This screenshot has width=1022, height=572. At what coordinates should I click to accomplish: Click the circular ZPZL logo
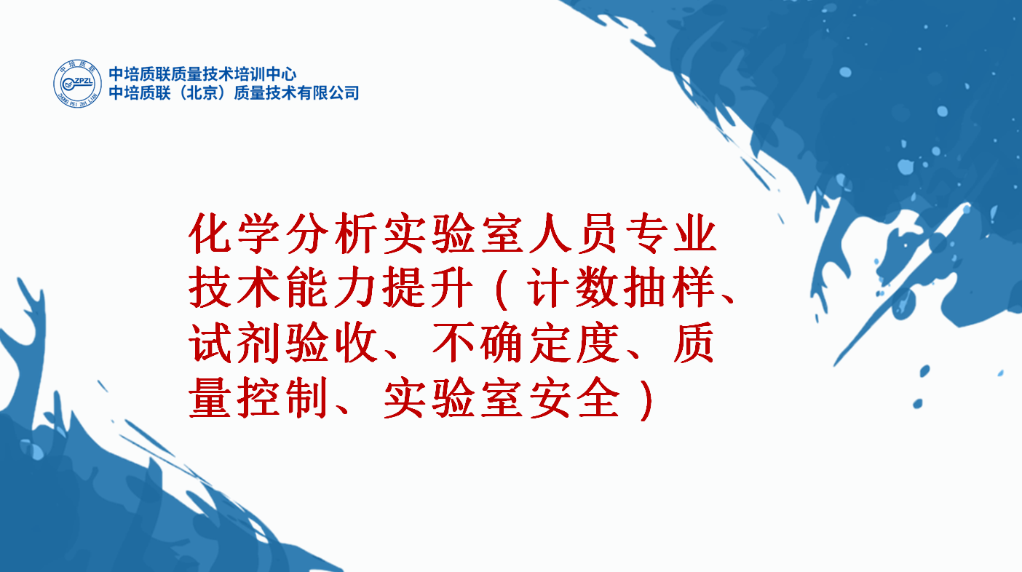(x=78, y=84)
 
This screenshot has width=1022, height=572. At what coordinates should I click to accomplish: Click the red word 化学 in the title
(x=234, y=234)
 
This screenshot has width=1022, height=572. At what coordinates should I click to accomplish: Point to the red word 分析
(x=332, y=234)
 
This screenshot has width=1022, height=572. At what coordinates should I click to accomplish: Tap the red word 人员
(x=574, y=234)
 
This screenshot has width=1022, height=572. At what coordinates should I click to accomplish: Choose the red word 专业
(x=671, y=234)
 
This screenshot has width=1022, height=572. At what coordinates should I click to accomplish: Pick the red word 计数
(x=574, y=288)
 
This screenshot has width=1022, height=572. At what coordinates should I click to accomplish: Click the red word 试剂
(x=234, y=343)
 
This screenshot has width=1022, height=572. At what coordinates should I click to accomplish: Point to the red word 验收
(x=332, y=343)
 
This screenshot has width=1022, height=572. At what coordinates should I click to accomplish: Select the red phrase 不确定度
(x=526, y=343)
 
